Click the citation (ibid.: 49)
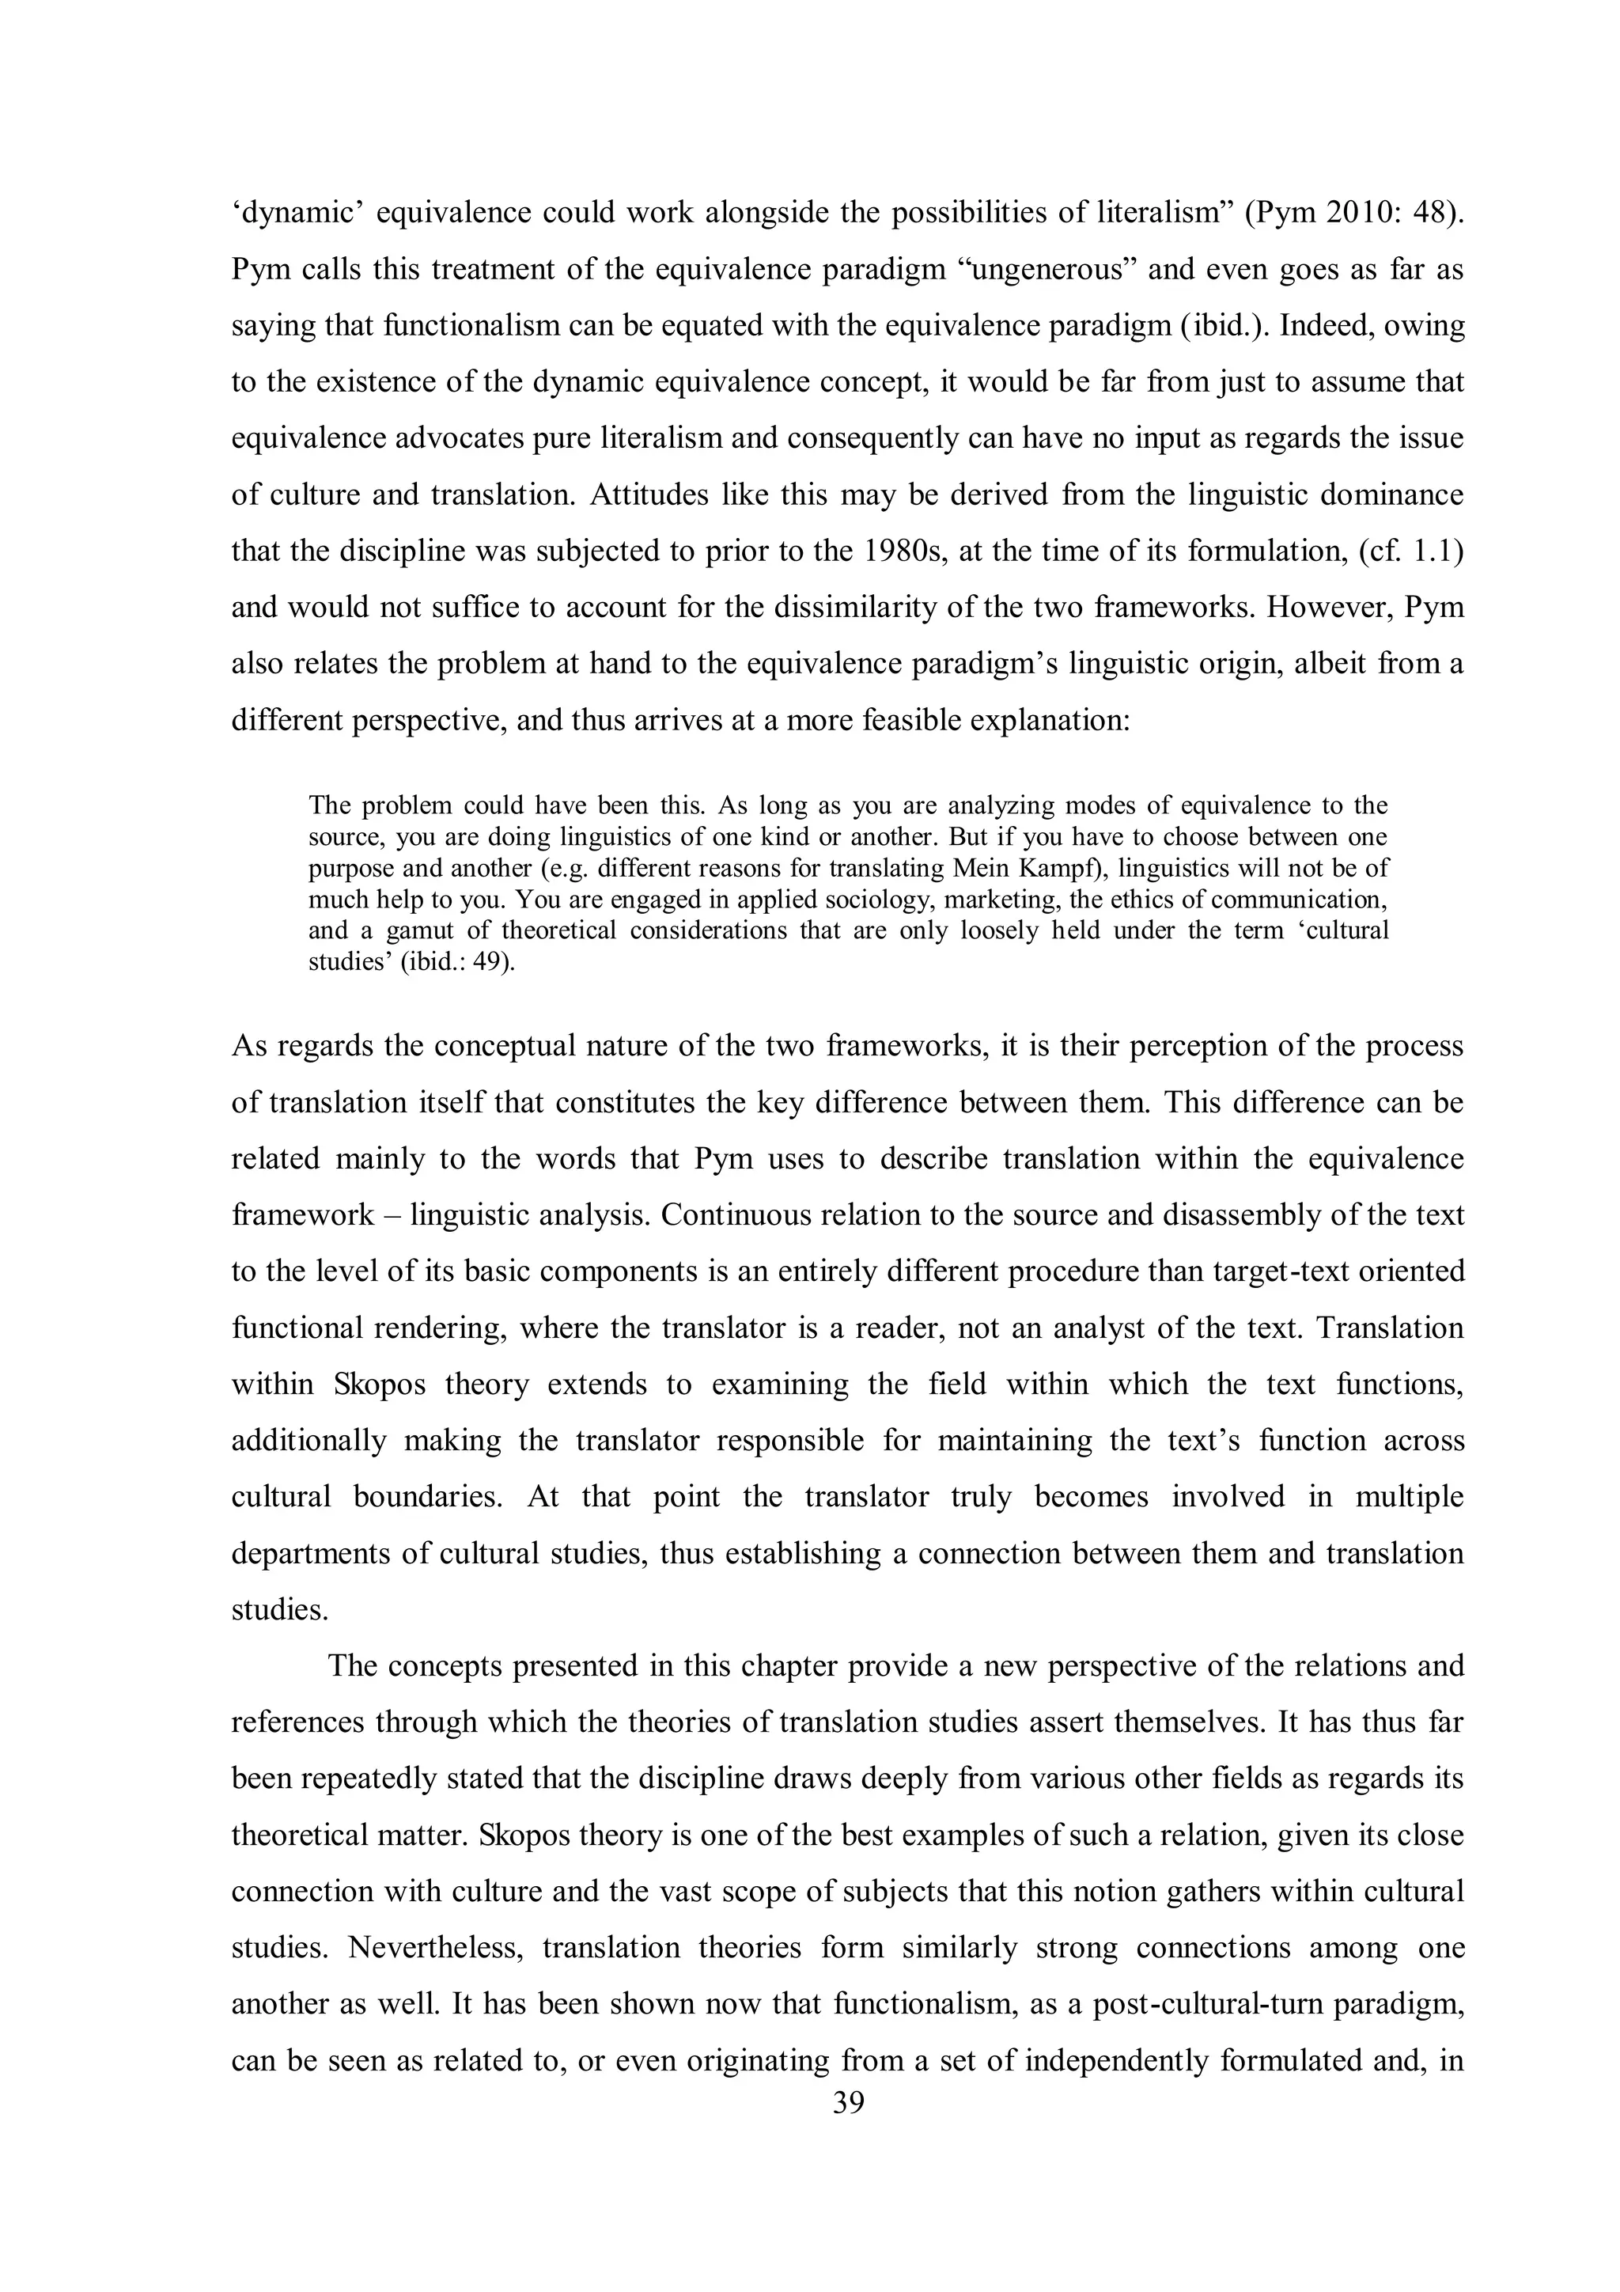(458, 962)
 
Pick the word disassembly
(1257, 1215)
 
